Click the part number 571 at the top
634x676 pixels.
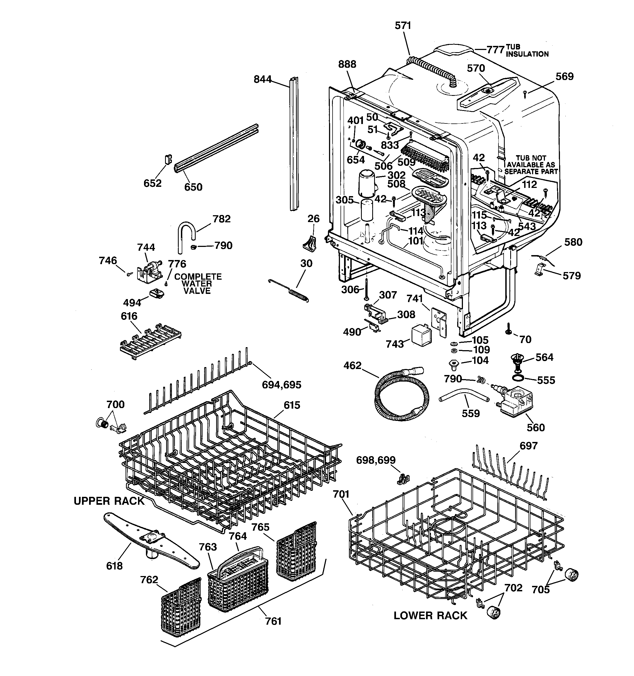tap(403, 25)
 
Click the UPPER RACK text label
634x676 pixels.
tap(109, 501)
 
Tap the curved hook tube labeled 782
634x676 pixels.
tap(186, 235)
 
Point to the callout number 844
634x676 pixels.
tap(262, 79)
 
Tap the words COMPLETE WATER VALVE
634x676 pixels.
tap(197, 284)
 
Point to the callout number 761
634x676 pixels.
tap(273, 621)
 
